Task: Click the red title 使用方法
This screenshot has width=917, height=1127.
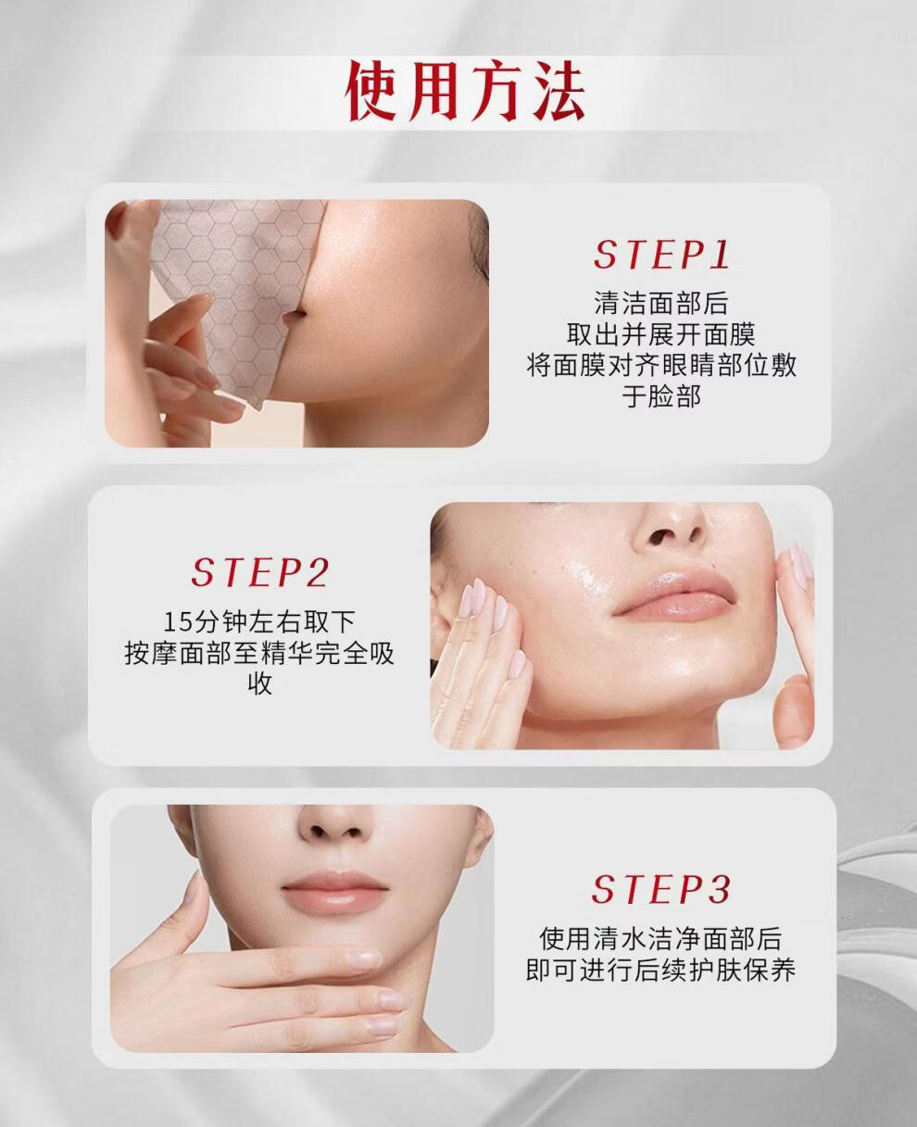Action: tap(465, 92)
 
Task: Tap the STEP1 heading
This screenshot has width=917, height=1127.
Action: tap(662, 255)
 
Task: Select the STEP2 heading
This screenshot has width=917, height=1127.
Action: tap(259, 572)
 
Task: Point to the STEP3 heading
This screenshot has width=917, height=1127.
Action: tap(661, 889)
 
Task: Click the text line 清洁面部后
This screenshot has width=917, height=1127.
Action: tap(661, 303)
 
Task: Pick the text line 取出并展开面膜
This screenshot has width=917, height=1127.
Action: tap(661, 334)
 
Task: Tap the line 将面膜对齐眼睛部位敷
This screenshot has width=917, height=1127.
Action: tap(661, 365)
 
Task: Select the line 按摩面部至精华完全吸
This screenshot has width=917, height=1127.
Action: tap(259, 653)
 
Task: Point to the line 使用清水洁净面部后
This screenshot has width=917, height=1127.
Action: tap(661, 939)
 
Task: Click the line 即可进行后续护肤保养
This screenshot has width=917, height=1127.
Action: tap(661, 970)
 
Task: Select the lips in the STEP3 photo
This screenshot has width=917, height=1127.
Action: tap(334, 893)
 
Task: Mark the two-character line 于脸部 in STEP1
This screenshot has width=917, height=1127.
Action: tap(661, 396)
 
